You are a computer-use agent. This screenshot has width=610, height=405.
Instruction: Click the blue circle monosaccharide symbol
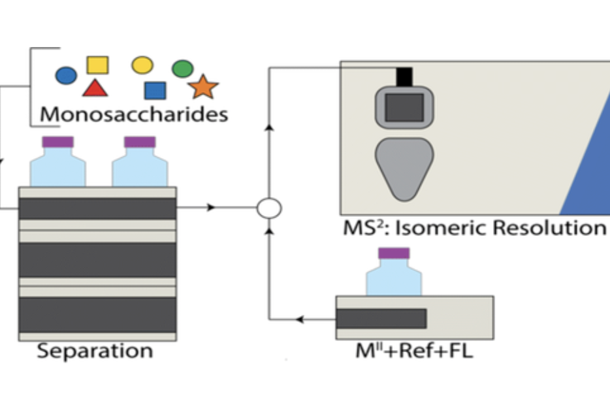(66, 76)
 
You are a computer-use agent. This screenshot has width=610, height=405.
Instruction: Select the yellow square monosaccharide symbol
(98, 65)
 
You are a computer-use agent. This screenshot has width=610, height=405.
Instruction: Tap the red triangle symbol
(95, 88)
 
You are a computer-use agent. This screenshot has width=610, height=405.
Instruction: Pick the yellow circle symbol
(142, 65)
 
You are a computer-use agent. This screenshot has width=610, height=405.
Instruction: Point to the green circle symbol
(182, 68)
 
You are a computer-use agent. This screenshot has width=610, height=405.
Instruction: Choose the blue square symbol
(155, 90)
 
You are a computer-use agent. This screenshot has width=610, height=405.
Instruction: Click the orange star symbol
(203, 87)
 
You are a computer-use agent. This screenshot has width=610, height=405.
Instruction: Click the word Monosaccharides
(134, 114)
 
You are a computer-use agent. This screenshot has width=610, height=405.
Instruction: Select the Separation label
(95, 351)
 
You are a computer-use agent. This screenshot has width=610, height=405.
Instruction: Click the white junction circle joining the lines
(268, 208)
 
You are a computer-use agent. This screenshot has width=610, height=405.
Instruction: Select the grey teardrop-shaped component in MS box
(404, 167)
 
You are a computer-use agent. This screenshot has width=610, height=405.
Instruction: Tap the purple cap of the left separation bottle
(57, 142)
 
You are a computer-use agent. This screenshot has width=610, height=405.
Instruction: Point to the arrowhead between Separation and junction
(210, 208)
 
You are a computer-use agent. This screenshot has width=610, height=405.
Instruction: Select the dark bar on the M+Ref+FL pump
(381, 318)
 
